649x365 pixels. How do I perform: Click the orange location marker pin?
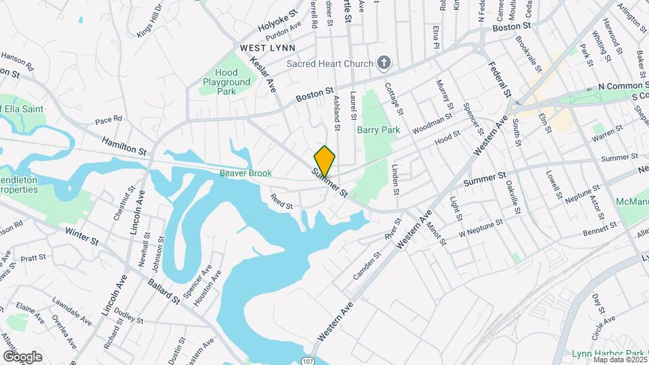coord(324,161)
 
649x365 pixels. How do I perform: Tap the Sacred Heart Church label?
coord(330,64)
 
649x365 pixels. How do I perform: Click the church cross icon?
coord(384,64)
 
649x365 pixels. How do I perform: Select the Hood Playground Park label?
coord(226,82)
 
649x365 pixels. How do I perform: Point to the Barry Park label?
coord(379,130)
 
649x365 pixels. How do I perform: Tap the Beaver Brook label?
coord(245,174)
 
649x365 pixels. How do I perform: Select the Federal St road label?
coord(498,80)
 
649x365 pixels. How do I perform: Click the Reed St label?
coord(281,201)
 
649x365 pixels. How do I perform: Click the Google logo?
coord(22,357)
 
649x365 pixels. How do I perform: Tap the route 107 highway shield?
coord(307,360)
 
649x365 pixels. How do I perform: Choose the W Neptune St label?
coord(481,226)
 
